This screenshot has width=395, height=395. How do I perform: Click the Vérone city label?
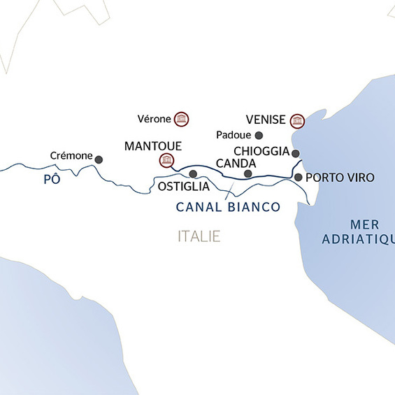point(155,118)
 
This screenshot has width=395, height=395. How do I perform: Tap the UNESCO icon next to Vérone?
point(182,118)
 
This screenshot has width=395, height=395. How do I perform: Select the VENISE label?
point(266,120)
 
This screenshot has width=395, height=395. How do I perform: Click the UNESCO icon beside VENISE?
point(298,121)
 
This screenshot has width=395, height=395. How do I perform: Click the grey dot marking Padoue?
point(259,135)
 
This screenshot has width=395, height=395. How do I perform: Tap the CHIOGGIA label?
point(262,152)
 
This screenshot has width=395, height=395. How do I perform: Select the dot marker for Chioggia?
point(296,153)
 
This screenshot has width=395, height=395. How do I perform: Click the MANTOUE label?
point(152,146)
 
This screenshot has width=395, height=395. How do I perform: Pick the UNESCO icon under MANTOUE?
point(166,161)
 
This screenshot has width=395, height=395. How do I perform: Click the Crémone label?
point(72,155)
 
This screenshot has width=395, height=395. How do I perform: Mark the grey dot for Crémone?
point(99,159)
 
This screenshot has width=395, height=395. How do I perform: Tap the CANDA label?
point(236,164)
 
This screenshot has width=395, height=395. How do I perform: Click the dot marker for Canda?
point(247,173)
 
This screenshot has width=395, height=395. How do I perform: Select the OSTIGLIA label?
point(183,187)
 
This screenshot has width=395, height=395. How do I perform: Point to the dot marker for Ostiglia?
point(193,173)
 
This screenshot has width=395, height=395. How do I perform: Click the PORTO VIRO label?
point(340,178)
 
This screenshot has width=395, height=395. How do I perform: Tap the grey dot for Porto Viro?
point(299,178)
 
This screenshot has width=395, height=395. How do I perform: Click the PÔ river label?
point(52,179)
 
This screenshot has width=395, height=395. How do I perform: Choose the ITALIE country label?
point(199,237)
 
